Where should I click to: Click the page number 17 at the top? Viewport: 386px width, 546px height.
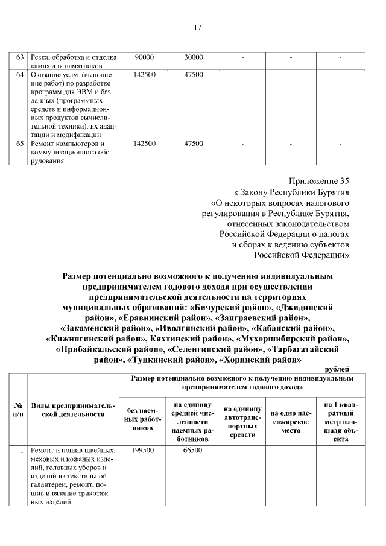(x=197, y=27)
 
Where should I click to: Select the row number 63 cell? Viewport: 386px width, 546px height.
(x=20, y=57)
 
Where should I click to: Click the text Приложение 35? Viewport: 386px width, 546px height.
(x=319, y=180)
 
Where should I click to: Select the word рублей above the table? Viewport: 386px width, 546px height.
(x=337, y=369)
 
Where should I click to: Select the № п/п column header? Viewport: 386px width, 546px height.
(x=18, y=410)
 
